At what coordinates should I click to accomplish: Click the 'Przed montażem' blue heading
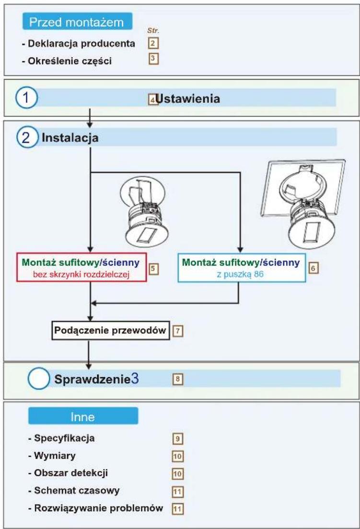click(x=77, y=22)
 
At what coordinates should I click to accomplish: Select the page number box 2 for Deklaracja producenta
click(x=153, y=43)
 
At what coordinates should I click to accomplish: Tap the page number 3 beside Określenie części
click(x=153, y=59)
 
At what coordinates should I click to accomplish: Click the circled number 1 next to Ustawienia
click(x=26, y=98)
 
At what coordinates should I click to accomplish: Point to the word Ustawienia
click(x=187, y=99)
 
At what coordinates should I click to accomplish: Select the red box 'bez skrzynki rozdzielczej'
click(x=81, y=267)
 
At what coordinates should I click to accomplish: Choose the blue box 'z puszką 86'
click(x=242, y=267)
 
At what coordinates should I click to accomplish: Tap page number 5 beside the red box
click(x=153, y=269)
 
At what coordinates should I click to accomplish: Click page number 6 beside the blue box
click(x=313, y=268)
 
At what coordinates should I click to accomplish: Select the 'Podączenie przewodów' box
click(x=110, y=330)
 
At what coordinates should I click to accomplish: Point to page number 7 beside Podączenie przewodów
click(x=178, y=331)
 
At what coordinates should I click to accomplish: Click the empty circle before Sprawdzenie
click(x=38, y=379)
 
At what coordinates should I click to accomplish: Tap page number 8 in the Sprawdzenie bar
click(x=177, y=379)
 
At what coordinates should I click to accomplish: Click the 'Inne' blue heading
click(x=83, y=416)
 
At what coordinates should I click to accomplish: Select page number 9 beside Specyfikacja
click(x=177, y=438)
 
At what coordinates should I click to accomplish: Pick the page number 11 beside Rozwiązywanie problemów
click(x=178, y=508)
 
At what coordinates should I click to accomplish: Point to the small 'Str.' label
click(x=153, y=31)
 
